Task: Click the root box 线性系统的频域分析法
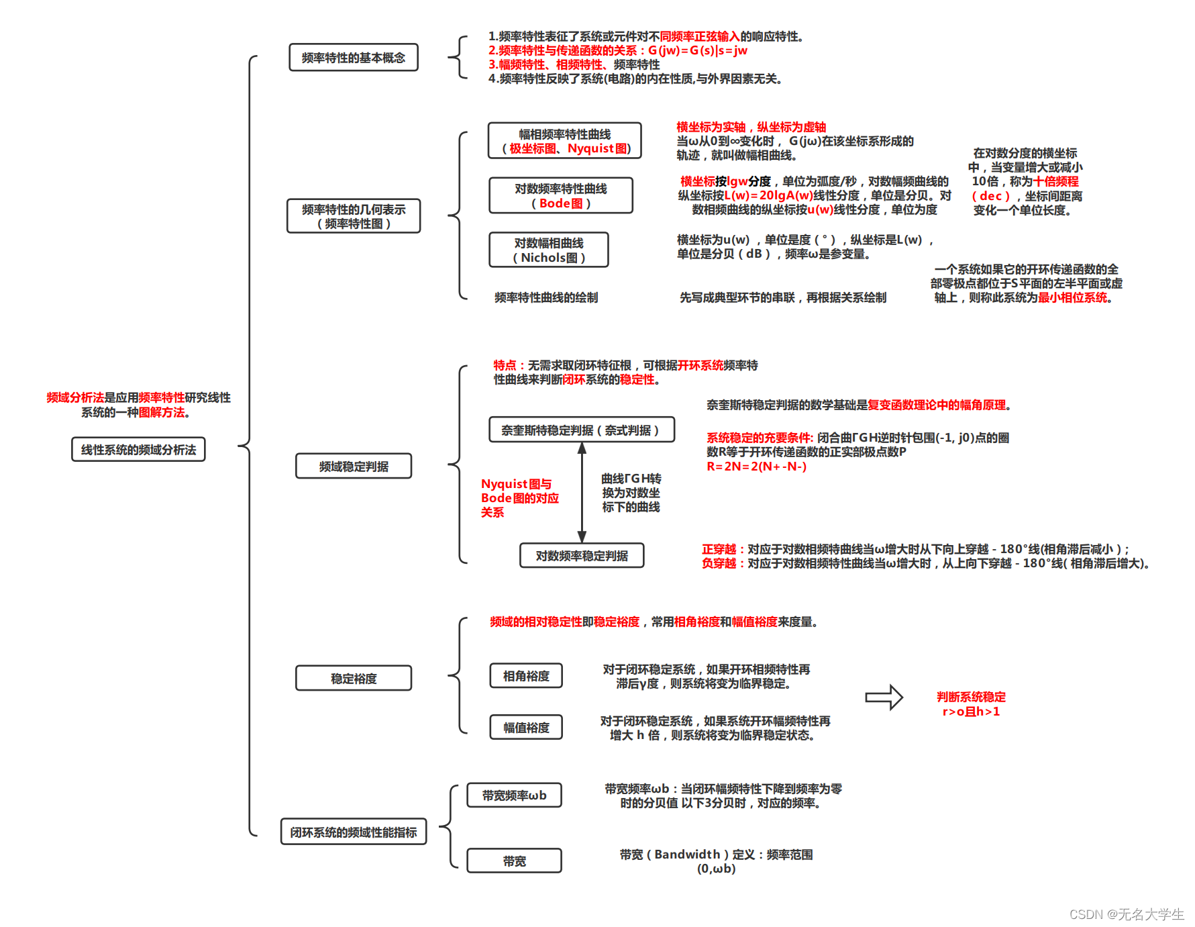pyautogui.click(x=138, y=449)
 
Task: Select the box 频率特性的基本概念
pyautogui.click(x=353, y=58)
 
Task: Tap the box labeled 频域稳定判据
pyautogui.click(x=353, y=466)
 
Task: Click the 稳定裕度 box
pyautogui.click(x=353, y=678)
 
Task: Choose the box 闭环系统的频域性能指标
pyautogui.click(x=353, y=832)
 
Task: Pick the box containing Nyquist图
pyautogui.click(x=564, y=141)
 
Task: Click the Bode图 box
pyautogui.click(x=560, y=195)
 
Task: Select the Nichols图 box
pyautogui.click(x=548, y=250)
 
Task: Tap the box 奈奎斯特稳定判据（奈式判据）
pyautogui.click(x=581, y=430)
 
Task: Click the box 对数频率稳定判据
pyautogui.click(x=581, y=555)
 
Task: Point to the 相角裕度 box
pyautogui.click(x=525, y=675)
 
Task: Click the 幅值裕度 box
pyautogui.click(x=525, y=727)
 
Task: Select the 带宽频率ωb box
pyautogui.click(x=514, y=795)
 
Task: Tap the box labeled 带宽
pyautogui.click(x=514, y=861)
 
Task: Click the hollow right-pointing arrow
pyautogui.click(x=884, y=697)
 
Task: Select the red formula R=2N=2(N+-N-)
pyautogui.click(x=756, y=467)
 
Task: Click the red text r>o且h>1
pyautogui.click(x=971, y=712)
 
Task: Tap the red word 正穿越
pyautogui.click(x=719, y=549)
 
